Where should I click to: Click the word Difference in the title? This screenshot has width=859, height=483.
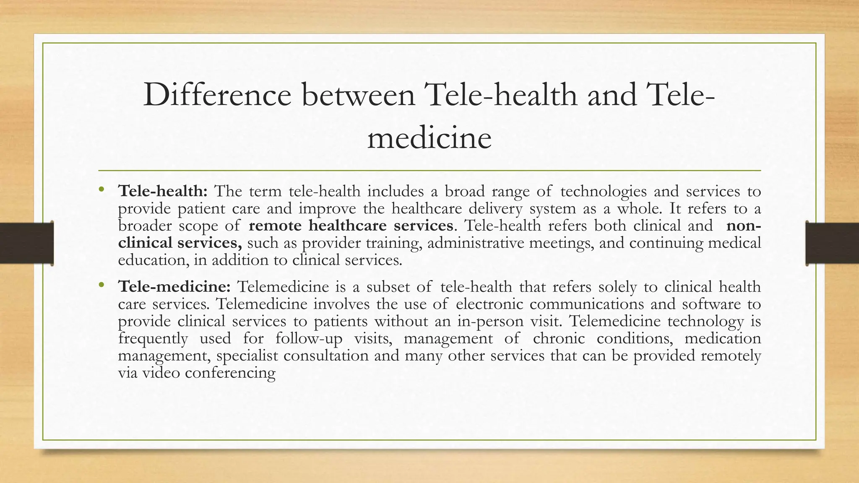click(x=217, y=95)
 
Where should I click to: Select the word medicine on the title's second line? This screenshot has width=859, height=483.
click(x=429, y=138)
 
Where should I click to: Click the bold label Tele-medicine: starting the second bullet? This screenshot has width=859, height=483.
click(x=174, y=287)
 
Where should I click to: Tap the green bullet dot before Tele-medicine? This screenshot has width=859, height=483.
click(x=101, y=286)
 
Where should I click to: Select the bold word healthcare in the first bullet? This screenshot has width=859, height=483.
click(x=348, y=226)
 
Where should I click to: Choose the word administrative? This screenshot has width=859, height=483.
click(x=476, y=243)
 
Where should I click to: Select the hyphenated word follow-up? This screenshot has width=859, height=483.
click(x=309, y=338)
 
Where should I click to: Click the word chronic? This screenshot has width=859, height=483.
click(x=559, y=338)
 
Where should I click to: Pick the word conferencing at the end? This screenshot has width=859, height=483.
click(x=230, y=373)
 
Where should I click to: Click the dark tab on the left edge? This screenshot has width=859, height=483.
click(x=26, y=243)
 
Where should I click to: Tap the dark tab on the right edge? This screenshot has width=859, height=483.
click(x=832, y=243)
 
